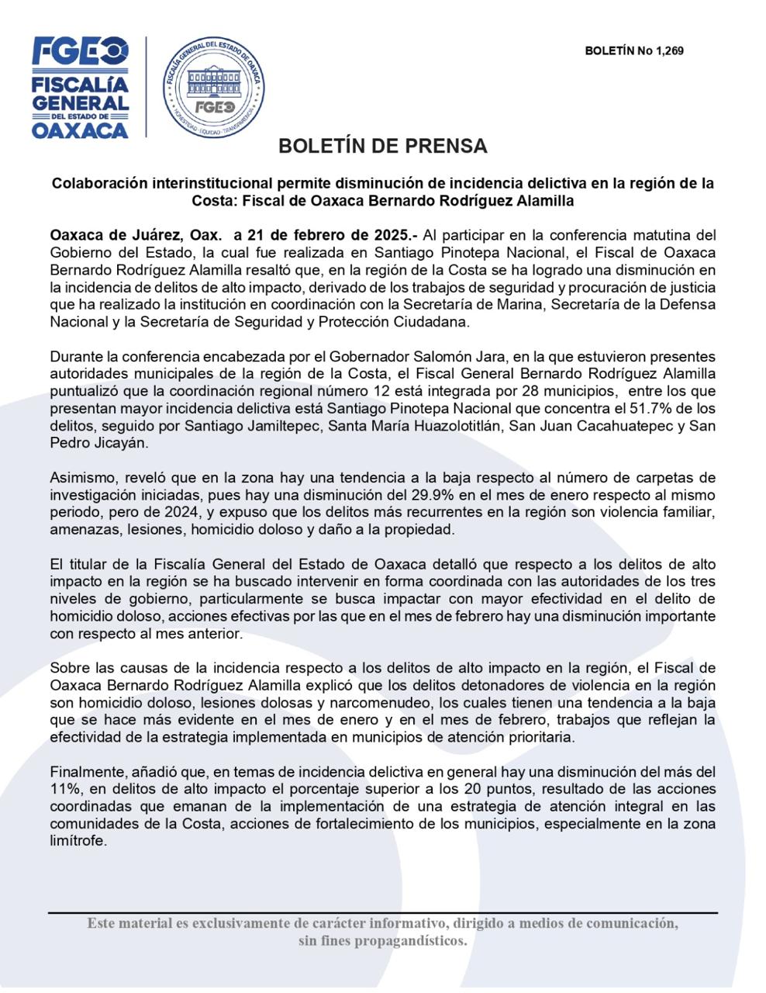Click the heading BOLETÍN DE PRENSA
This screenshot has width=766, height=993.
click(382, 146)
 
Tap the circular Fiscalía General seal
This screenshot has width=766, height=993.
click(214, 87)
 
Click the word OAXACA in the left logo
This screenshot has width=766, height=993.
click(80, 130)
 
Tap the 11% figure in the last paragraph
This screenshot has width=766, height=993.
click(65, 788)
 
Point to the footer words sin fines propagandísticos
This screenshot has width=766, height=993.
click(383, 941)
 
